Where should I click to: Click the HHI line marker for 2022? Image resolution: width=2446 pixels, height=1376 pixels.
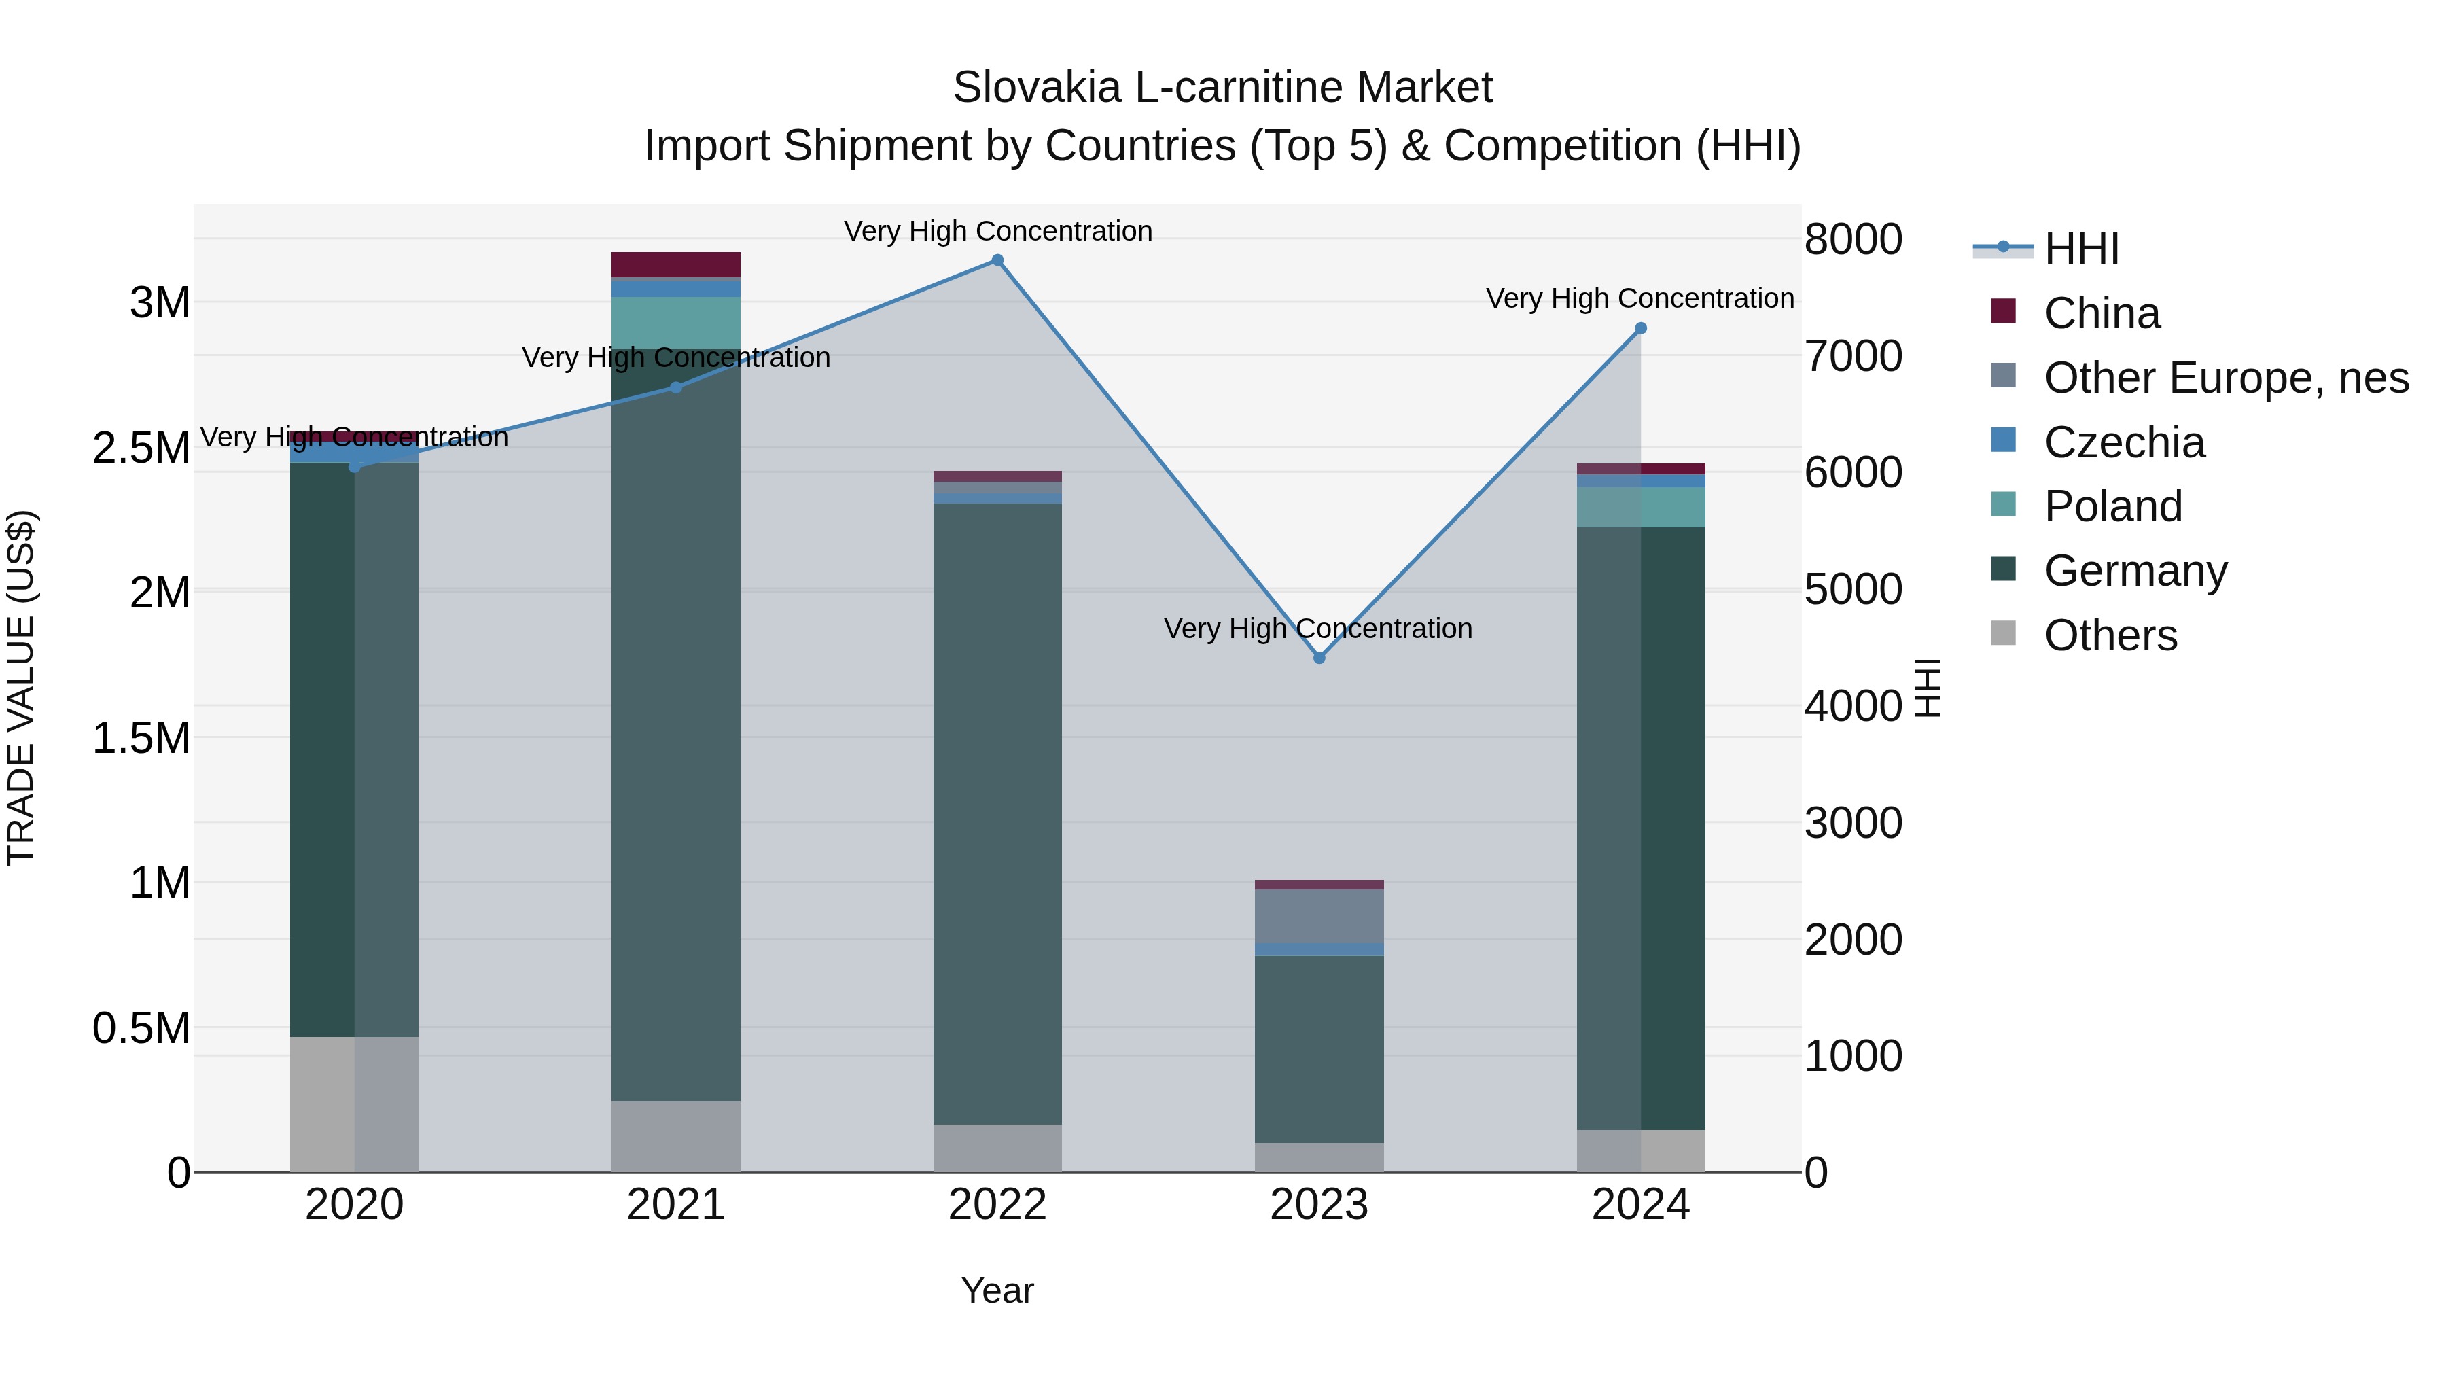point(997,260)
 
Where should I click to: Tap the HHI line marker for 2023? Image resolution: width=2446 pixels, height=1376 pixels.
point(1319,658)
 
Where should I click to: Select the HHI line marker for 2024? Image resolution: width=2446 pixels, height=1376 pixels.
point(1640,329)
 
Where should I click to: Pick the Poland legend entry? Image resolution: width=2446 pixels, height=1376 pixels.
point(2112,506)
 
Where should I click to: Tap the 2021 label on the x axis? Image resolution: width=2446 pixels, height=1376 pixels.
point(675,1205)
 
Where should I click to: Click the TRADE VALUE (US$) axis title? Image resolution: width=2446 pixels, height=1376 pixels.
point(21,688)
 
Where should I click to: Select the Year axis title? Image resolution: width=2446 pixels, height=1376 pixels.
point(997,1290)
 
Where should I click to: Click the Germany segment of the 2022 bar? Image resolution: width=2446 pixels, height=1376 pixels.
point(997,814)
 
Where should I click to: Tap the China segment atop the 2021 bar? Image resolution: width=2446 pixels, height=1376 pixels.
point(675,264)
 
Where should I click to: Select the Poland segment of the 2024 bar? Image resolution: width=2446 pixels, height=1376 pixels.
point(1640,507)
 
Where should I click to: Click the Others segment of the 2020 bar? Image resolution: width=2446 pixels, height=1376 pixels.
point(353,1104)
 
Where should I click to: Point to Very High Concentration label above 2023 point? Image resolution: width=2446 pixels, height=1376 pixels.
point(1318,629)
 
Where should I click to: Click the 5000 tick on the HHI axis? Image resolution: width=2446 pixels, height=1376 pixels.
point(1853,590)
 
